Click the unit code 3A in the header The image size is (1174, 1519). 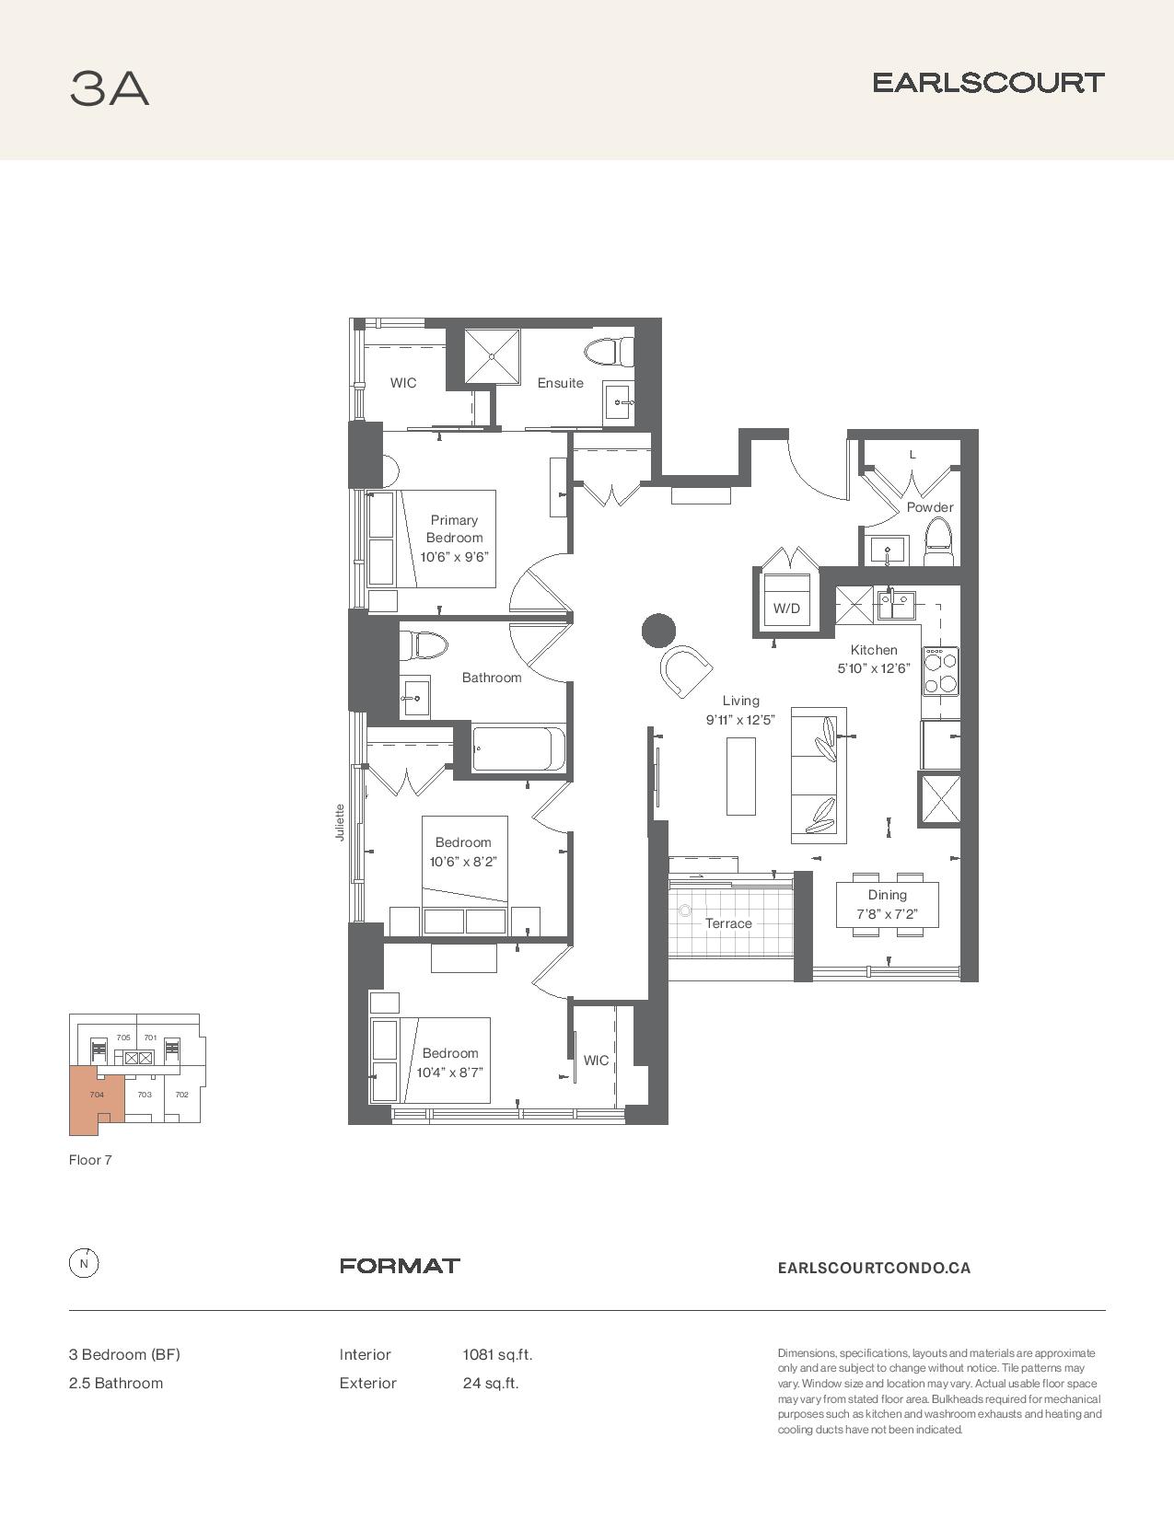point(110,88)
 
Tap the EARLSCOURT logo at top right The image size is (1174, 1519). point(988,83)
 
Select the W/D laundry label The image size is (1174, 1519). point(786,609)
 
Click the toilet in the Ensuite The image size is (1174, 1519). point(609,351)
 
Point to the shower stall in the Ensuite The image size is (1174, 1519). point(493,355)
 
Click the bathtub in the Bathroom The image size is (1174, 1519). point(518,749)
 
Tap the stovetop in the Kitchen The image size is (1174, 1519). point(940,671)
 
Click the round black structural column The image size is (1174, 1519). point(658,630)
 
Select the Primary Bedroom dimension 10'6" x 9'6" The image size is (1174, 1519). point(454,557)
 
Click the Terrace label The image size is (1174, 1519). point(728,923)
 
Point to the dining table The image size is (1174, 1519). point(888,905)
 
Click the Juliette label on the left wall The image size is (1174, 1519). point(340,822)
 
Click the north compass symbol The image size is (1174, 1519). point(84,1264)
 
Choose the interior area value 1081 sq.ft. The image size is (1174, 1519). point(497,1355)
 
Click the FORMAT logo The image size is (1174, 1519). point(400,1266)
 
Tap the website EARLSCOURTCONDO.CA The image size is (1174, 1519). point(874,1268)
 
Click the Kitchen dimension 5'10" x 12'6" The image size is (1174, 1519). point(874,668)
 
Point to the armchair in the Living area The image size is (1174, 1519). point(686,670)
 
